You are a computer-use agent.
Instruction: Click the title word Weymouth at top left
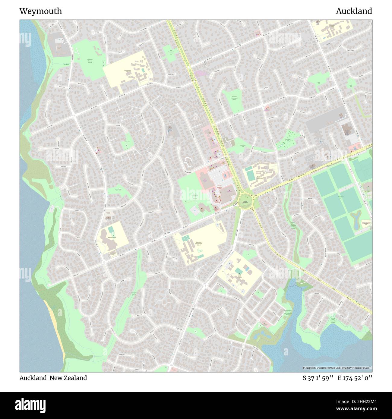coord(41,11)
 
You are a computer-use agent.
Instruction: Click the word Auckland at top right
coord(354,11)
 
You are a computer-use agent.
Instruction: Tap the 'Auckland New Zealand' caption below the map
coord(53,378)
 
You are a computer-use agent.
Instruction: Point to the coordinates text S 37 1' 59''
coord(318,378)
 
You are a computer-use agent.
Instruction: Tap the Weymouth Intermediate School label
coord(198,243)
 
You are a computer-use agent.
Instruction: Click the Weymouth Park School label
coord(261,178)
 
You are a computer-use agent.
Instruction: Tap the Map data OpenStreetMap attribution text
coord(337,368)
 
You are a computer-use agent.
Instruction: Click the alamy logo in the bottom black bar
coord(30,405)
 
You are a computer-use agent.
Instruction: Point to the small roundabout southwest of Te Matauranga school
coord(104,263)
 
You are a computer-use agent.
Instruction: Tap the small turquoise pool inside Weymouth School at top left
coord(143,70)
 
